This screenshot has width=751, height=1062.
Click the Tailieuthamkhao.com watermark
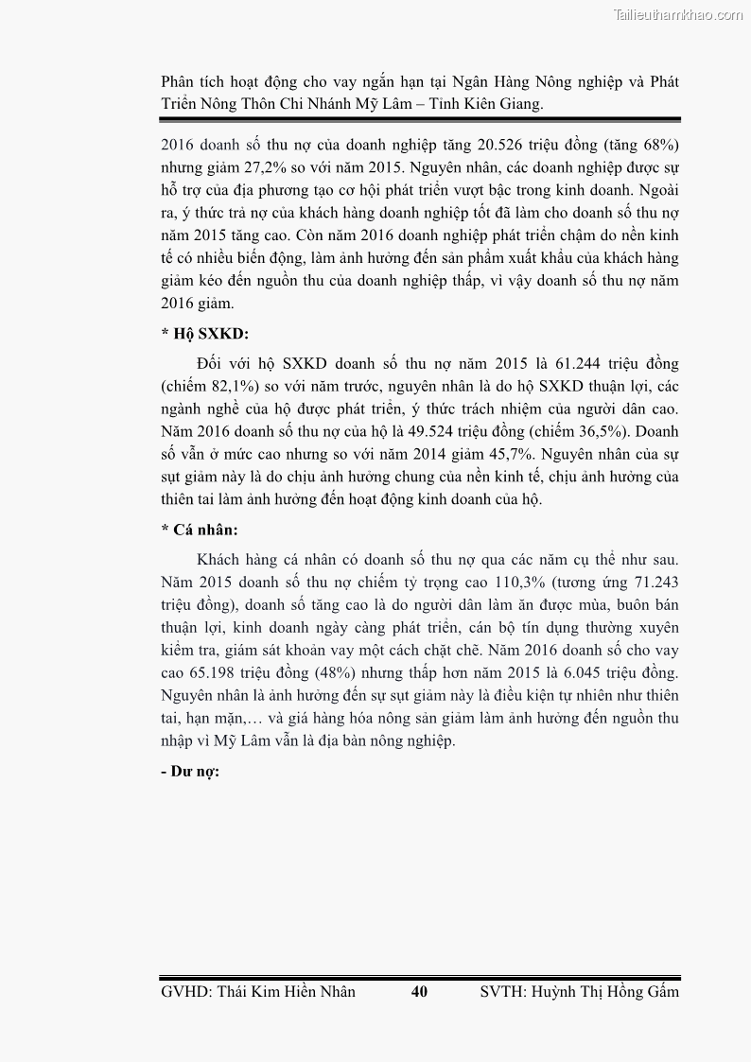[678, 14]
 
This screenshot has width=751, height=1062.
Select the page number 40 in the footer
[420, 992]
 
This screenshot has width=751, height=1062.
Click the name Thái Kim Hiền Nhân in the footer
[287, 992]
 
